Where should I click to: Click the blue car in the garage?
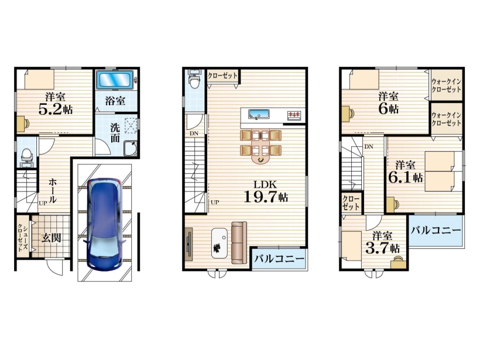pyautogui.click(x=104, y=224)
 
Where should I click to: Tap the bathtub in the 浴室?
pyautogui.click(x=115, y=80)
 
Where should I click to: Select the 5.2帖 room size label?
pyautogui.click(x=56, y=109)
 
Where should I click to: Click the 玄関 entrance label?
pyautogui.click(x=51, y=237)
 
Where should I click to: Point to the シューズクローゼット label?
pyautogui.click(x=22, y=236)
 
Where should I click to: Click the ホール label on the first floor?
pyautogui.click(x=53, y=191)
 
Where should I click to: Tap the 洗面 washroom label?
pyautogui.click(x=115, y=133)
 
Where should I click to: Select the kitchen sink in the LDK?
pyautogui.click(x=259, y=114)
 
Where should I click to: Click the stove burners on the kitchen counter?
pyautogui.click(x=294, y=115)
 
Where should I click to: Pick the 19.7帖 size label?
pyautogui.click(x=266, y=197)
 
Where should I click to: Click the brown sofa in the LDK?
pyautogui.click(x=239, y=242)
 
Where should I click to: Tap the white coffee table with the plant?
pyautogui.click(x=220, y=242)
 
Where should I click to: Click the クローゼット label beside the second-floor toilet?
pyautogui.click(x=222, y=76)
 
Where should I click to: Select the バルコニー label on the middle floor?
pyautogui.click(x=279, y=259)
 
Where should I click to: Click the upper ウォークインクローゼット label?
pyautogui.click(x=446, y=85)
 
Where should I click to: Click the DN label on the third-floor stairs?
pyautogui.click(x=369, y=146)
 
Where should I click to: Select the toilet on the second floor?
pyautogui.click(x=194, y=79)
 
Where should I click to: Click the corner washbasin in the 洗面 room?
pyautogui.click(x=131, y=148)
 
